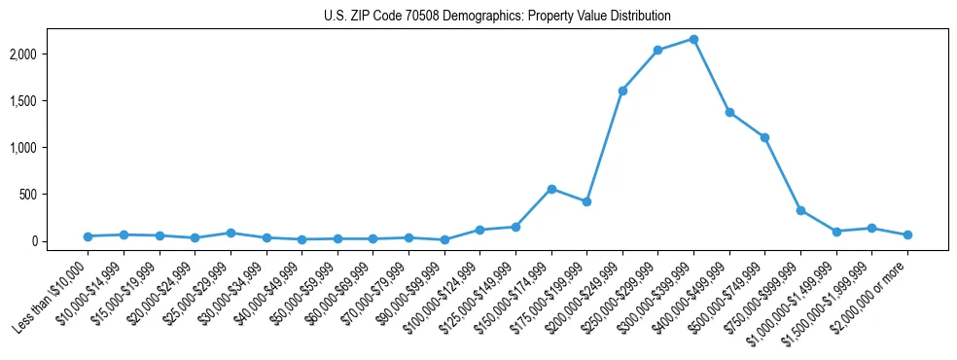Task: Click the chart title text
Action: tap(497, 16)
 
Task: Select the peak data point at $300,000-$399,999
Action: tap(693, 39)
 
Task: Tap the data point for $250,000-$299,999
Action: tap(657, 50)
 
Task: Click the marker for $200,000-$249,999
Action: tap(622, 90)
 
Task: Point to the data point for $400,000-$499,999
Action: tap(729, 112)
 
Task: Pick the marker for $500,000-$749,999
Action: tap(764, 137)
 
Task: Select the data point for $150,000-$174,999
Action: tap(551, 189)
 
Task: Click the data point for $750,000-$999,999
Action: tap(800, 210)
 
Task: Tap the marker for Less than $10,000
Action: tap(88, 236)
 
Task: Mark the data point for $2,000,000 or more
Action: tap(907, 234)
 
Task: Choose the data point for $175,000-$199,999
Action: tap(586, 201)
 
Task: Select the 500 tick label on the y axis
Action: tap(54, 194)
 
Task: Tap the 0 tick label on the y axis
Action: tap(60, 240)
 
